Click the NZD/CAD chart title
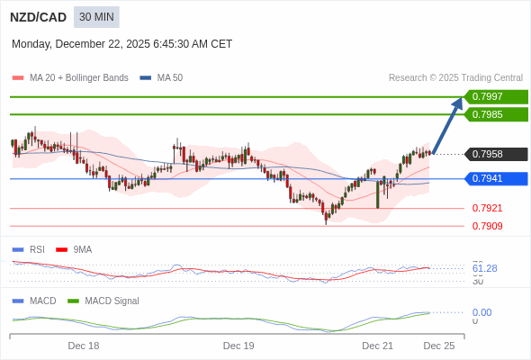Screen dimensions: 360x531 tap(38, 17)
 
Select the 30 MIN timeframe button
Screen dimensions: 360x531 tap(96, 17)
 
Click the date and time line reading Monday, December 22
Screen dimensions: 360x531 tap(121, 43)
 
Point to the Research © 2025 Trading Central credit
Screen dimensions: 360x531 tap(455, 78)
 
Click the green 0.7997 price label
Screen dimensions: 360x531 tap(496, 96)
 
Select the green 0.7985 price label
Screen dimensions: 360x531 tap(496, 114)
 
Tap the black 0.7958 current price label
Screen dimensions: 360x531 tap(496, 154)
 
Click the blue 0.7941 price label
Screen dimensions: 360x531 tap(496, 178)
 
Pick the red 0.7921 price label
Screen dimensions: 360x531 tap(487, 208)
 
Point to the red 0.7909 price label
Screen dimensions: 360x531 tap(487, 226)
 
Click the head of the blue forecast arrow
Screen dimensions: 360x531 tap(459, 102)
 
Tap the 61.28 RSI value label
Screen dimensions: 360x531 tap(484, 268)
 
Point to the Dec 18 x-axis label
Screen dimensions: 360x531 tap(84, 346)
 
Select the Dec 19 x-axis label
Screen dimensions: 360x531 tap(238, 346)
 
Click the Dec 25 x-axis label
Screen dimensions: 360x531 tap(439, 346)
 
